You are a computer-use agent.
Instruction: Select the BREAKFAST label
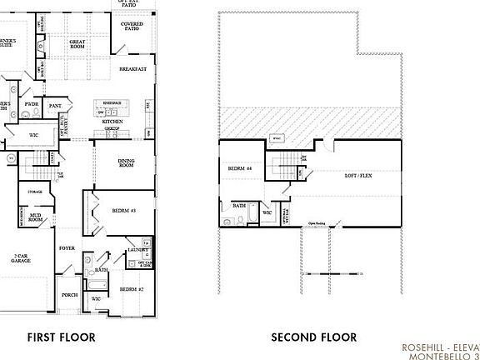click(x=132, y=69)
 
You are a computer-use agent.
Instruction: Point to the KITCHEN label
click(x=112, y=122)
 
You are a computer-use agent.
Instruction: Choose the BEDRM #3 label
click(x=123, y=211)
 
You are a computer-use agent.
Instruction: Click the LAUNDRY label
click(x=137, y=250)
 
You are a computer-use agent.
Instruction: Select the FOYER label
click(x=67, y=248)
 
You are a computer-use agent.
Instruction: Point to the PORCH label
click(x=70, y=294)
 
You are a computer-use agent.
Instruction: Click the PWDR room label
click(x=32, y=105)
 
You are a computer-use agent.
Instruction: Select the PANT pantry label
click(x=55, y=106)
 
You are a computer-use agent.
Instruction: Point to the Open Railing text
click(x=317, y=223)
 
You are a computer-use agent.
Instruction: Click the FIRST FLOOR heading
click(x=61, y=337)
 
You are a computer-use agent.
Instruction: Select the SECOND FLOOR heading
click(x=314, y=337)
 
